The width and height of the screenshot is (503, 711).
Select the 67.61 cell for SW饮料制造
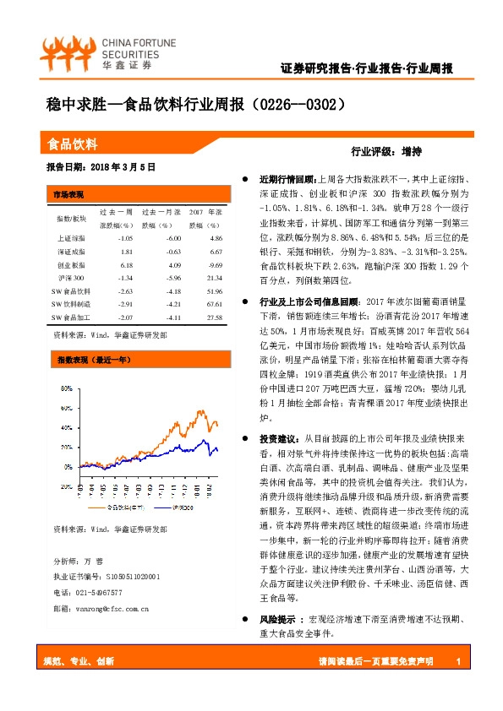(x=213, y=304)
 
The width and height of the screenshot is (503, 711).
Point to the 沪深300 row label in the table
(x=72, y=278)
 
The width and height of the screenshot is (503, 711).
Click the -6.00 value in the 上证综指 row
(x=173, y=239)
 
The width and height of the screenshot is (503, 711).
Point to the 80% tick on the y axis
(x=66, y=388)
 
